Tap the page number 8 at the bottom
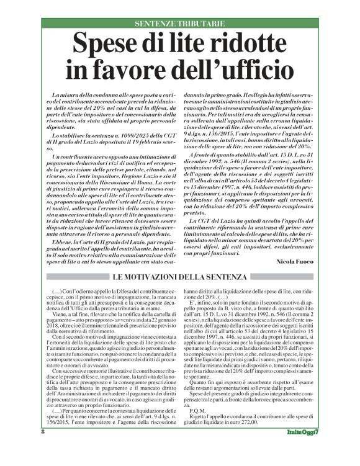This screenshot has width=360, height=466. [x=43, y=448]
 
